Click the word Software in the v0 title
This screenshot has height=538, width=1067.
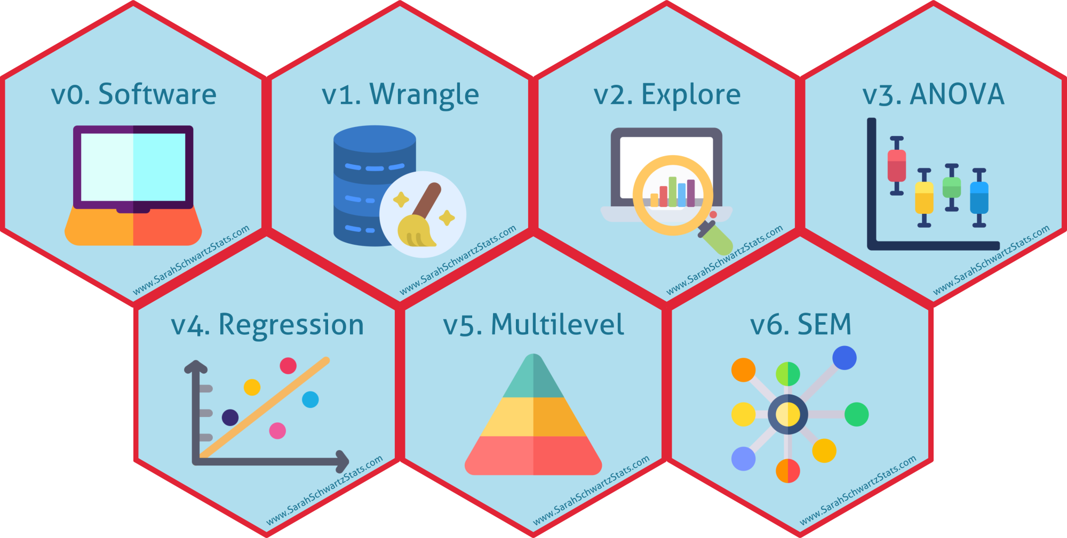(157, 94)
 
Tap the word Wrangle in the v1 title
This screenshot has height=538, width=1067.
(424, 95)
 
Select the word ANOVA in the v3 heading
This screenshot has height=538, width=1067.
(957, 94)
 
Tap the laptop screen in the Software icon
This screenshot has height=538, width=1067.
(133, 167)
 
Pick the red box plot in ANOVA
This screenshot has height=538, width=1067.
(897, 166)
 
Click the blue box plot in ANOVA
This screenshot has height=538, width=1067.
(979, 197)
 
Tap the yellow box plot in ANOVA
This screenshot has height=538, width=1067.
(924, 197)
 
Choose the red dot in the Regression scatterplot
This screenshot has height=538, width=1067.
(288, 366)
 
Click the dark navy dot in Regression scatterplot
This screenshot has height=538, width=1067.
(230, 417)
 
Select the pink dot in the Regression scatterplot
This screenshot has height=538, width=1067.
(277, 430)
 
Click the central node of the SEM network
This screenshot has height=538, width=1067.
(787, 414)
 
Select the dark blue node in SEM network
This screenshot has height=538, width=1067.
(844, 358)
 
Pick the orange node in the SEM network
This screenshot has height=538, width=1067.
(743, 370)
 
